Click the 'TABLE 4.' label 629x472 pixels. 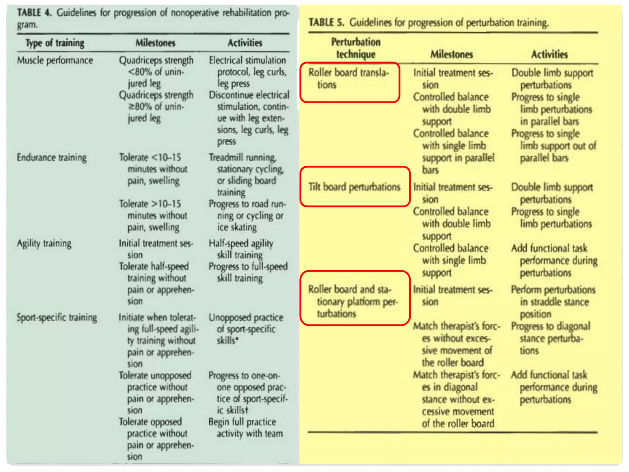(x=33, y=13)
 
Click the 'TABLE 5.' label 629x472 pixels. (x=326, y=22)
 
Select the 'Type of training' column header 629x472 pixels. (x=55, y=43)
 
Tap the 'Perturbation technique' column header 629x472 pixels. (x=356, y=48)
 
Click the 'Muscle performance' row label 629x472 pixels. (x=55, y=61)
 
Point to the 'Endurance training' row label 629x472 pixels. (x=52, y=158)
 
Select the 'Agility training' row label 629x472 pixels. (x=44, y=244)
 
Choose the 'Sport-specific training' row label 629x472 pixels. (x=57, y=317)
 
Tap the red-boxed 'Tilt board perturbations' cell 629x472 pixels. (x=355, y=187)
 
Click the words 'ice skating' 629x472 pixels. (x=237, y=227)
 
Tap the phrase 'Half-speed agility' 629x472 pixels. (x=241, y=244)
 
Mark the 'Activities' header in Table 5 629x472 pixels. (x=549, y=54)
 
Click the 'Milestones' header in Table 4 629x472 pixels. (x=155, y=43)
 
